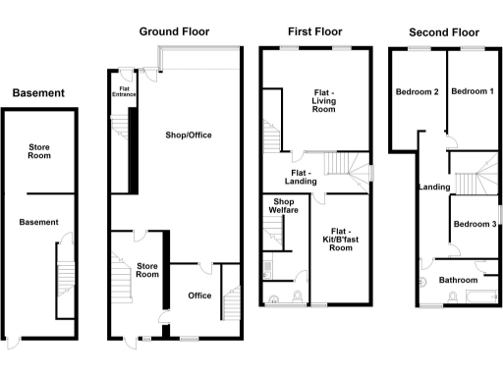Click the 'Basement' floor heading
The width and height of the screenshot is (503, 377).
[38, 93]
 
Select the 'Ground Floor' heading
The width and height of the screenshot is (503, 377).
[175, 31]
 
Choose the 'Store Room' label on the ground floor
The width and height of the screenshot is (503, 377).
[147, 268]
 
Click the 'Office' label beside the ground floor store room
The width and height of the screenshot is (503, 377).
[199, 296]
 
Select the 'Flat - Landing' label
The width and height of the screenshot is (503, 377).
[300, 177]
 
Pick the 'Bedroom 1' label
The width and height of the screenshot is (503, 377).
[470, 91]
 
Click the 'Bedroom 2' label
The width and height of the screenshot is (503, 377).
[417, 91]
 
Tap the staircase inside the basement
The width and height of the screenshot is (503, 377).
[66, 280]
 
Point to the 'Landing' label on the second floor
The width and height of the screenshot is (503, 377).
[433, 187]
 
